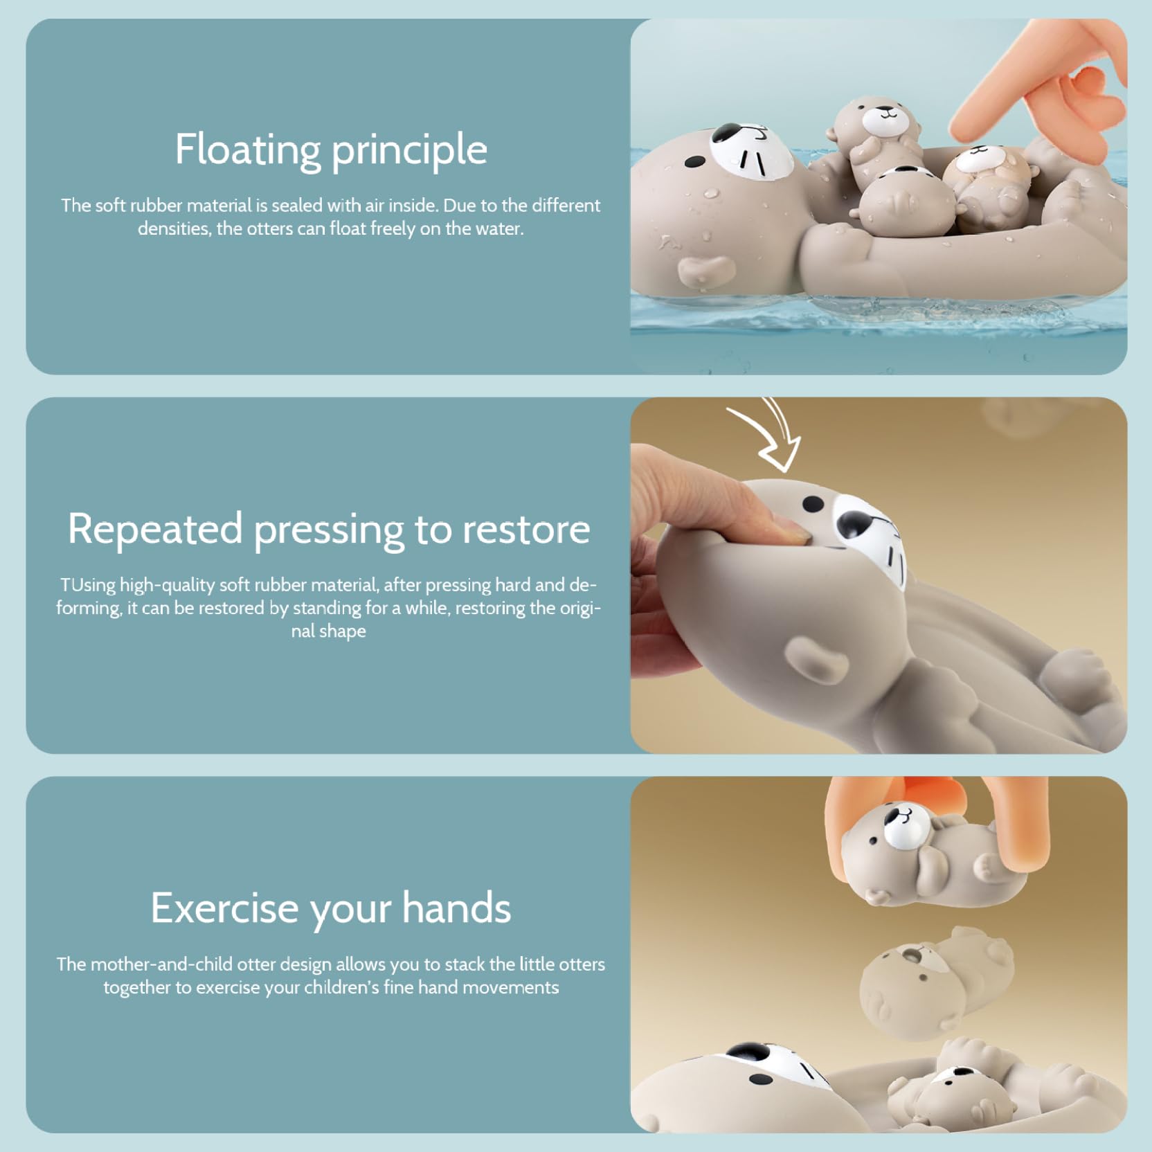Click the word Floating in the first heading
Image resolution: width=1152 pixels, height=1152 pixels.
click(x=247, y=149)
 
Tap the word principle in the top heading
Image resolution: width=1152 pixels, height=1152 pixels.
click(x=409, y=150)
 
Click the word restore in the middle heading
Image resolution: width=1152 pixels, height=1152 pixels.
click(x=526, y=530)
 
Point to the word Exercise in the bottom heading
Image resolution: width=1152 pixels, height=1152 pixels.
click(x=224, y=908)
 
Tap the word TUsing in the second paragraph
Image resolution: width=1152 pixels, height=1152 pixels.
click(x=88, y=586)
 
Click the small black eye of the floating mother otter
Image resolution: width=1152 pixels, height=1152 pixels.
click(x=694, y=163)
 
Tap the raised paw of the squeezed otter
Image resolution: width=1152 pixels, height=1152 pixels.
click(x=816, y=658)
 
